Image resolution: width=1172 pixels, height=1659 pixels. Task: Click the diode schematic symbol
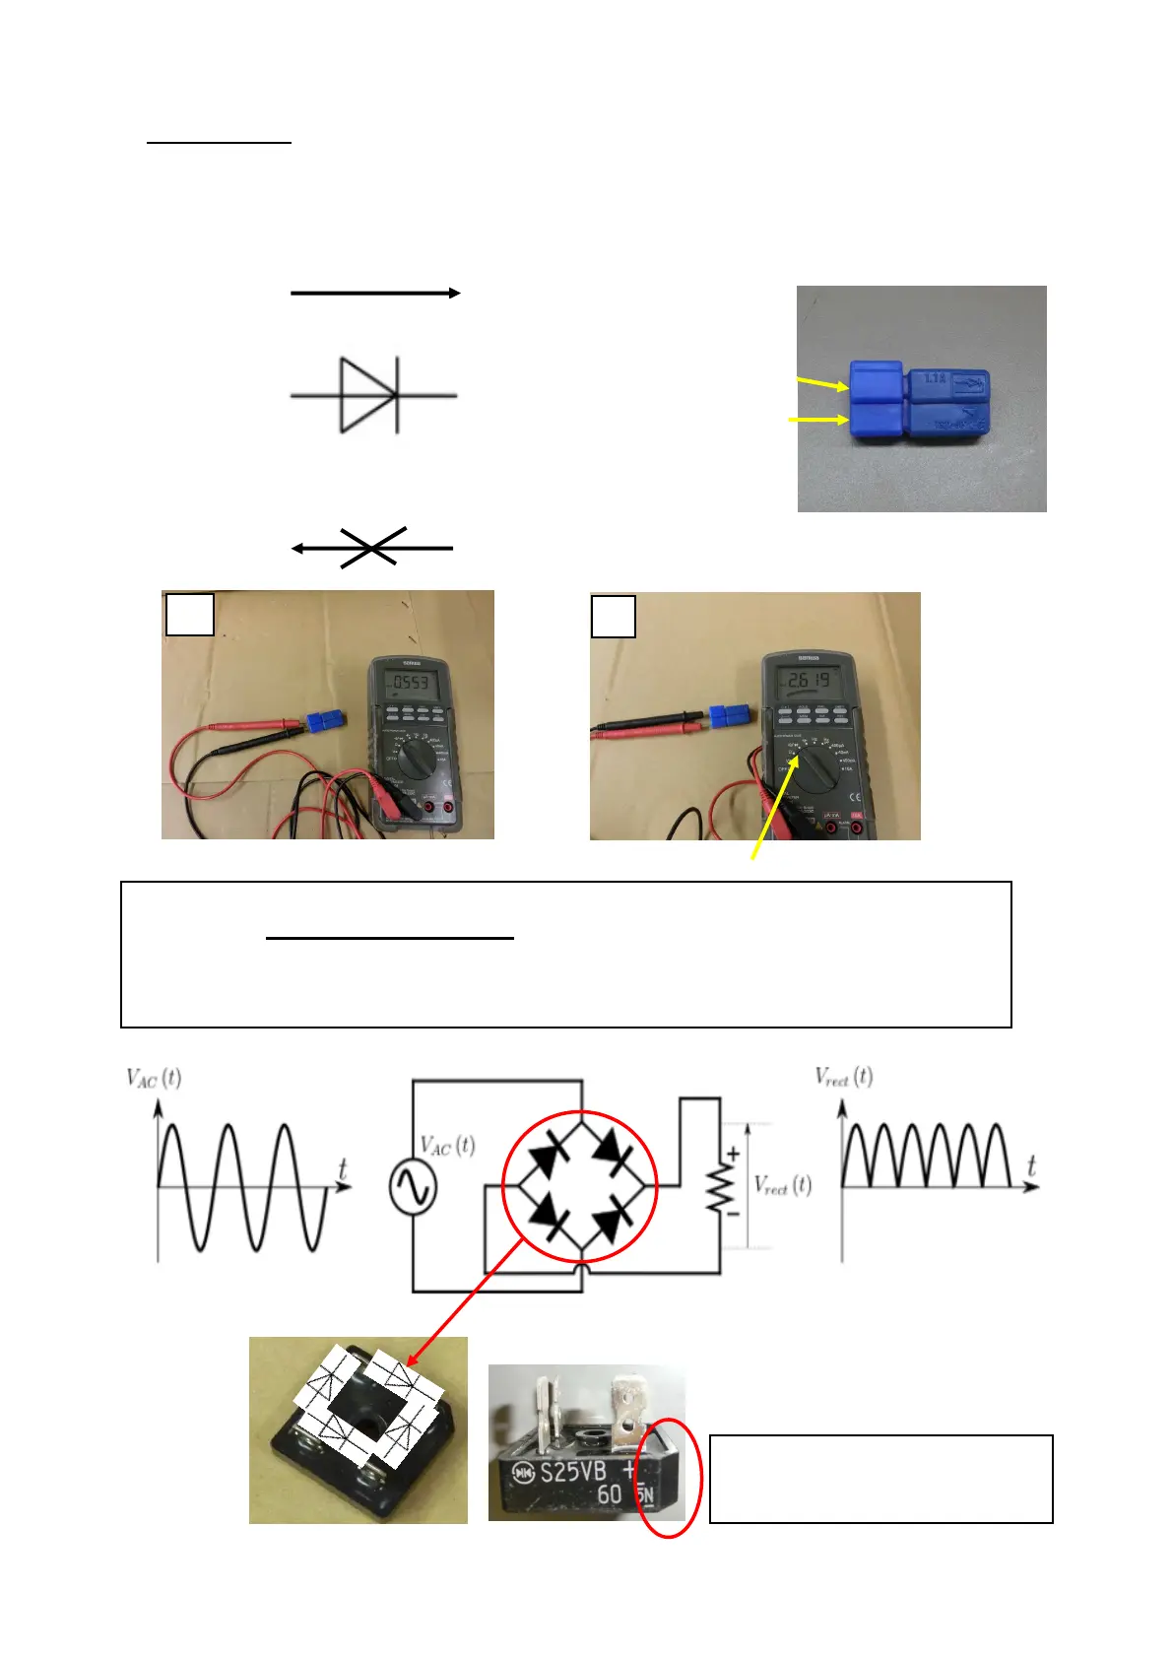pos(371,396)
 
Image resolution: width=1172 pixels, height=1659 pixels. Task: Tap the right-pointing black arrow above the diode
pos(375,293)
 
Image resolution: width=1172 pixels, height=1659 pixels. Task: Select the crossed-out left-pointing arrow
pos(371,548)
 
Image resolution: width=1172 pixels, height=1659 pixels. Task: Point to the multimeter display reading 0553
pos(410,682)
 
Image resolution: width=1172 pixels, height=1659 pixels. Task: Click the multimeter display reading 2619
pos(807,680)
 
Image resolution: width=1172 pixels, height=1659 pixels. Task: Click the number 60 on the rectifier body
pos(610,1494)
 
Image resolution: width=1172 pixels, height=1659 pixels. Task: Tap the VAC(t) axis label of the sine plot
pos(154,1078)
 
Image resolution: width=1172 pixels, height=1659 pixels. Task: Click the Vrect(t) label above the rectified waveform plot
pos(844,1076)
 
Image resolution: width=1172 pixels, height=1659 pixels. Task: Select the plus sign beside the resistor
pos(733,1153)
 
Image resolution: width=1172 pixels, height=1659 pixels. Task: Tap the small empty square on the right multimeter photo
pos(613,617)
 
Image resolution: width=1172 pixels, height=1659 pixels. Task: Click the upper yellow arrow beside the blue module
pos(822,383)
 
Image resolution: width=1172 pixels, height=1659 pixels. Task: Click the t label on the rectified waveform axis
pos(1031,1165)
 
